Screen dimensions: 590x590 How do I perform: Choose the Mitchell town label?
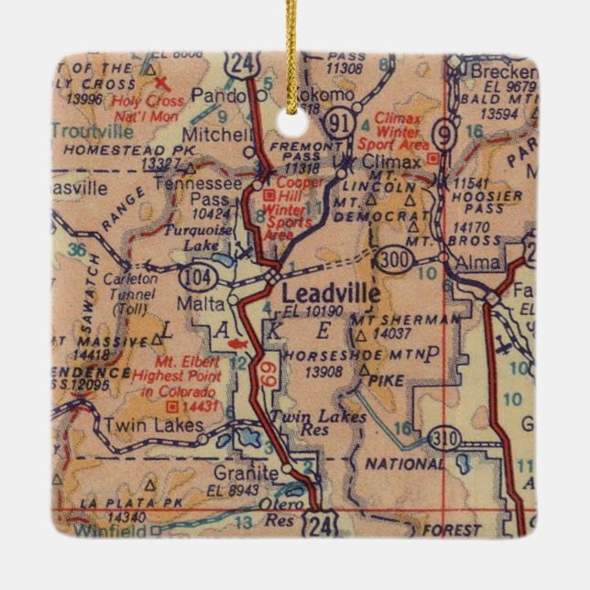coord(217,134)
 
